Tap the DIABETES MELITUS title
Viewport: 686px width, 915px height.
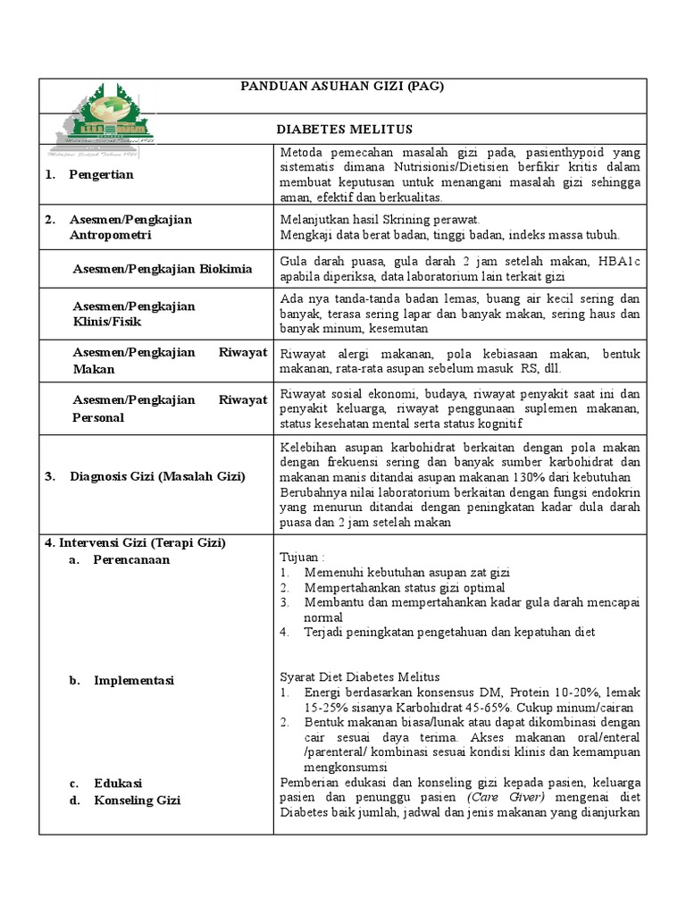(343, 130)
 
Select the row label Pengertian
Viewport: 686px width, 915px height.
(101, 174)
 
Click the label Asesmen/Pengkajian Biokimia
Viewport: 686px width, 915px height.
(162, 269)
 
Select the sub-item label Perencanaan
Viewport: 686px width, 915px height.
(131, 560)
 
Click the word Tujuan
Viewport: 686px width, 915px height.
(301, 557)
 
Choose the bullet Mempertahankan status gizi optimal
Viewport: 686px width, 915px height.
(404, 587)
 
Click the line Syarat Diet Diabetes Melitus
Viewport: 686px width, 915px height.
(359, 676)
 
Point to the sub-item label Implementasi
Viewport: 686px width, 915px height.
(134, 681)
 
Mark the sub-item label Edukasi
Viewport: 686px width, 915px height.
(118, 784)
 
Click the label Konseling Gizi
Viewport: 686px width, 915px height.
(137, 800)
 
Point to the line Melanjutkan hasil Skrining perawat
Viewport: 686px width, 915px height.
(381, 219)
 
